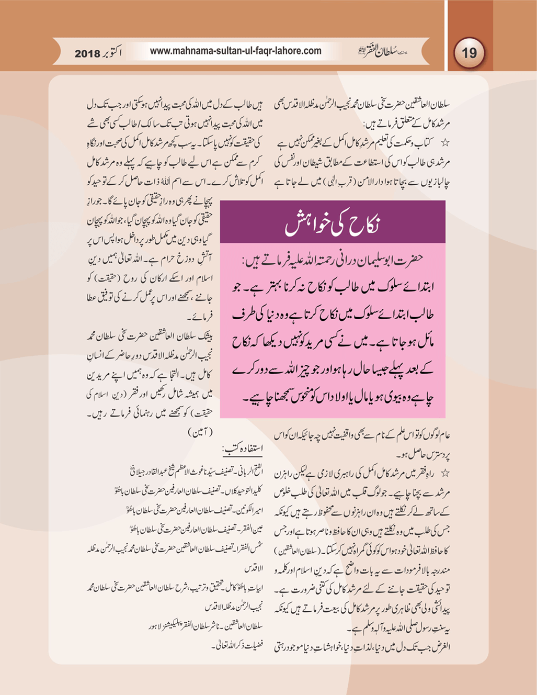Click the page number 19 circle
[469, 53]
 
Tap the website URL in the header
[235, 51]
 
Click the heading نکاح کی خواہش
[333, 225]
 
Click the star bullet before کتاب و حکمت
[445, 142]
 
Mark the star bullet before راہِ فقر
[445, 474]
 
